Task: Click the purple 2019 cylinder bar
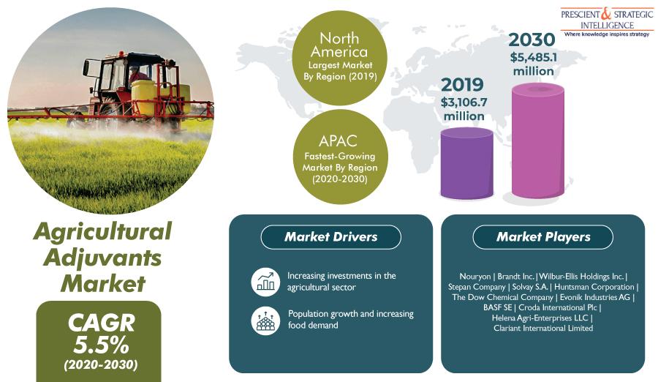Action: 466,163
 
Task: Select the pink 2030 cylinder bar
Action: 538,141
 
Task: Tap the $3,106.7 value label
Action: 464,102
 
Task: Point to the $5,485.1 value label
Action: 534,57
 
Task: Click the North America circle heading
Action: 339,45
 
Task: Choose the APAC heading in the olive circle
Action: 338,141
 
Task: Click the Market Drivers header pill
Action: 330,237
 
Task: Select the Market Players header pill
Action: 543,237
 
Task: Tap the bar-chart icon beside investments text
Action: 265,282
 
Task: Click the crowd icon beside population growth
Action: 265,321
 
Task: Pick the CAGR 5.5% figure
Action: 101,334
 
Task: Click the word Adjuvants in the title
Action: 102,258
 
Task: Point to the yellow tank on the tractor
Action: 143,97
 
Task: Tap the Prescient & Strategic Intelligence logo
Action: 607,22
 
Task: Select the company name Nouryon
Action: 474,277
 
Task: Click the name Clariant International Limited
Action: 543,328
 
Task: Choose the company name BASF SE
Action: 497,307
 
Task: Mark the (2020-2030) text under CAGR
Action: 101,364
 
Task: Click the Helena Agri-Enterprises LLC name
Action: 540,318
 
